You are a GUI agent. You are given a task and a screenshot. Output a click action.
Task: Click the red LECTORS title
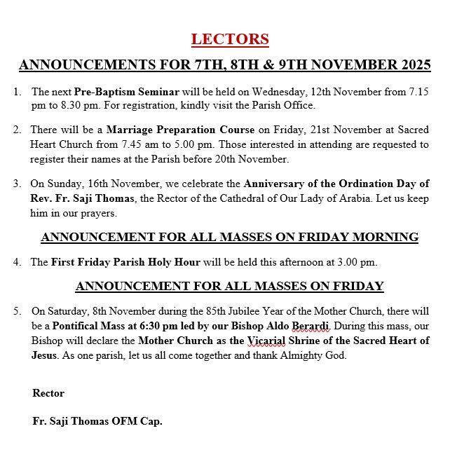(x=230, y=39)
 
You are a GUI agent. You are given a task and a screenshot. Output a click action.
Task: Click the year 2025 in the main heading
(x=407, y=65)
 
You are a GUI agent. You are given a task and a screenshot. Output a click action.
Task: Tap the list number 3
(x=17, y=184)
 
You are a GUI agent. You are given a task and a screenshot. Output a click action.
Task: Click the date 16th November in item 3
(x=98, y=184)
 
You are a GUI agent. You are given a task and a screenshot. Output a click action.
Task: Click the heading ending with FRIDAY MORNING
(x=229, y=237)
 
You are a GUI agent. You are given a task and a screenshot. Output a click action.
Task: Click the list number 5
(x=17, y=310)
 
